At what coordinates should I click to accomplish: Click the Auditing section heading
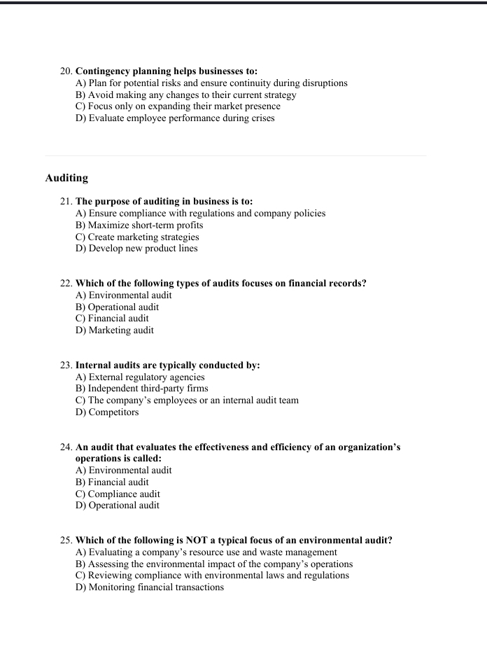66,178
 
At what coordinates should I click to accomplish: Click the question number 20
66,71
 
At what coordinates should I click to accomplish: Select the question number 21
66,202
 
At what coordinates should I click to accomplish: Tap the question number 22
66,284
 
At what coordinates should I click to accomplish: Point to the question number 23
66,366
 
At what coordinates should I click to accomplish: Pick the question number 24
66,447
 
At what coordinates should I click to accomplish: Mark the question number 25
66,541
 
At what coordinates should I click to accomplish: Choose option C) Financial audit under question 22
112,319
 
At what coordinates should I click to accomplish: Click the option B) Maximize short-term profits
139,225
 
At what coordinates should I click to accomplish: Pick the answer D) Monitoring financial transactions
150,587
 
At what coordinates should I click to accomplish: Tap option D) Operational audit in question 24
118,506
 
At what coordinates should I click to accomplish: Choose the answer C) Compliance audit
118,494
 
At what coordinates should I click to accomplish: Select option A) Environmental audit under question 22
123,295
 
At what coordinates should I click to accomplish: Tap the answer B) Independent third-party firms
141,389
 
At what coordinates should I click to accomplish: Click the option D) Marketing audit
115,330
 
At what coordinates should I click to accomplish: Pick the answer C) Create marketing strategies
137,237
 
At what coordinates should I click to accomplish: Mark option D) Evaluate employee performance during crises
175,118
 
